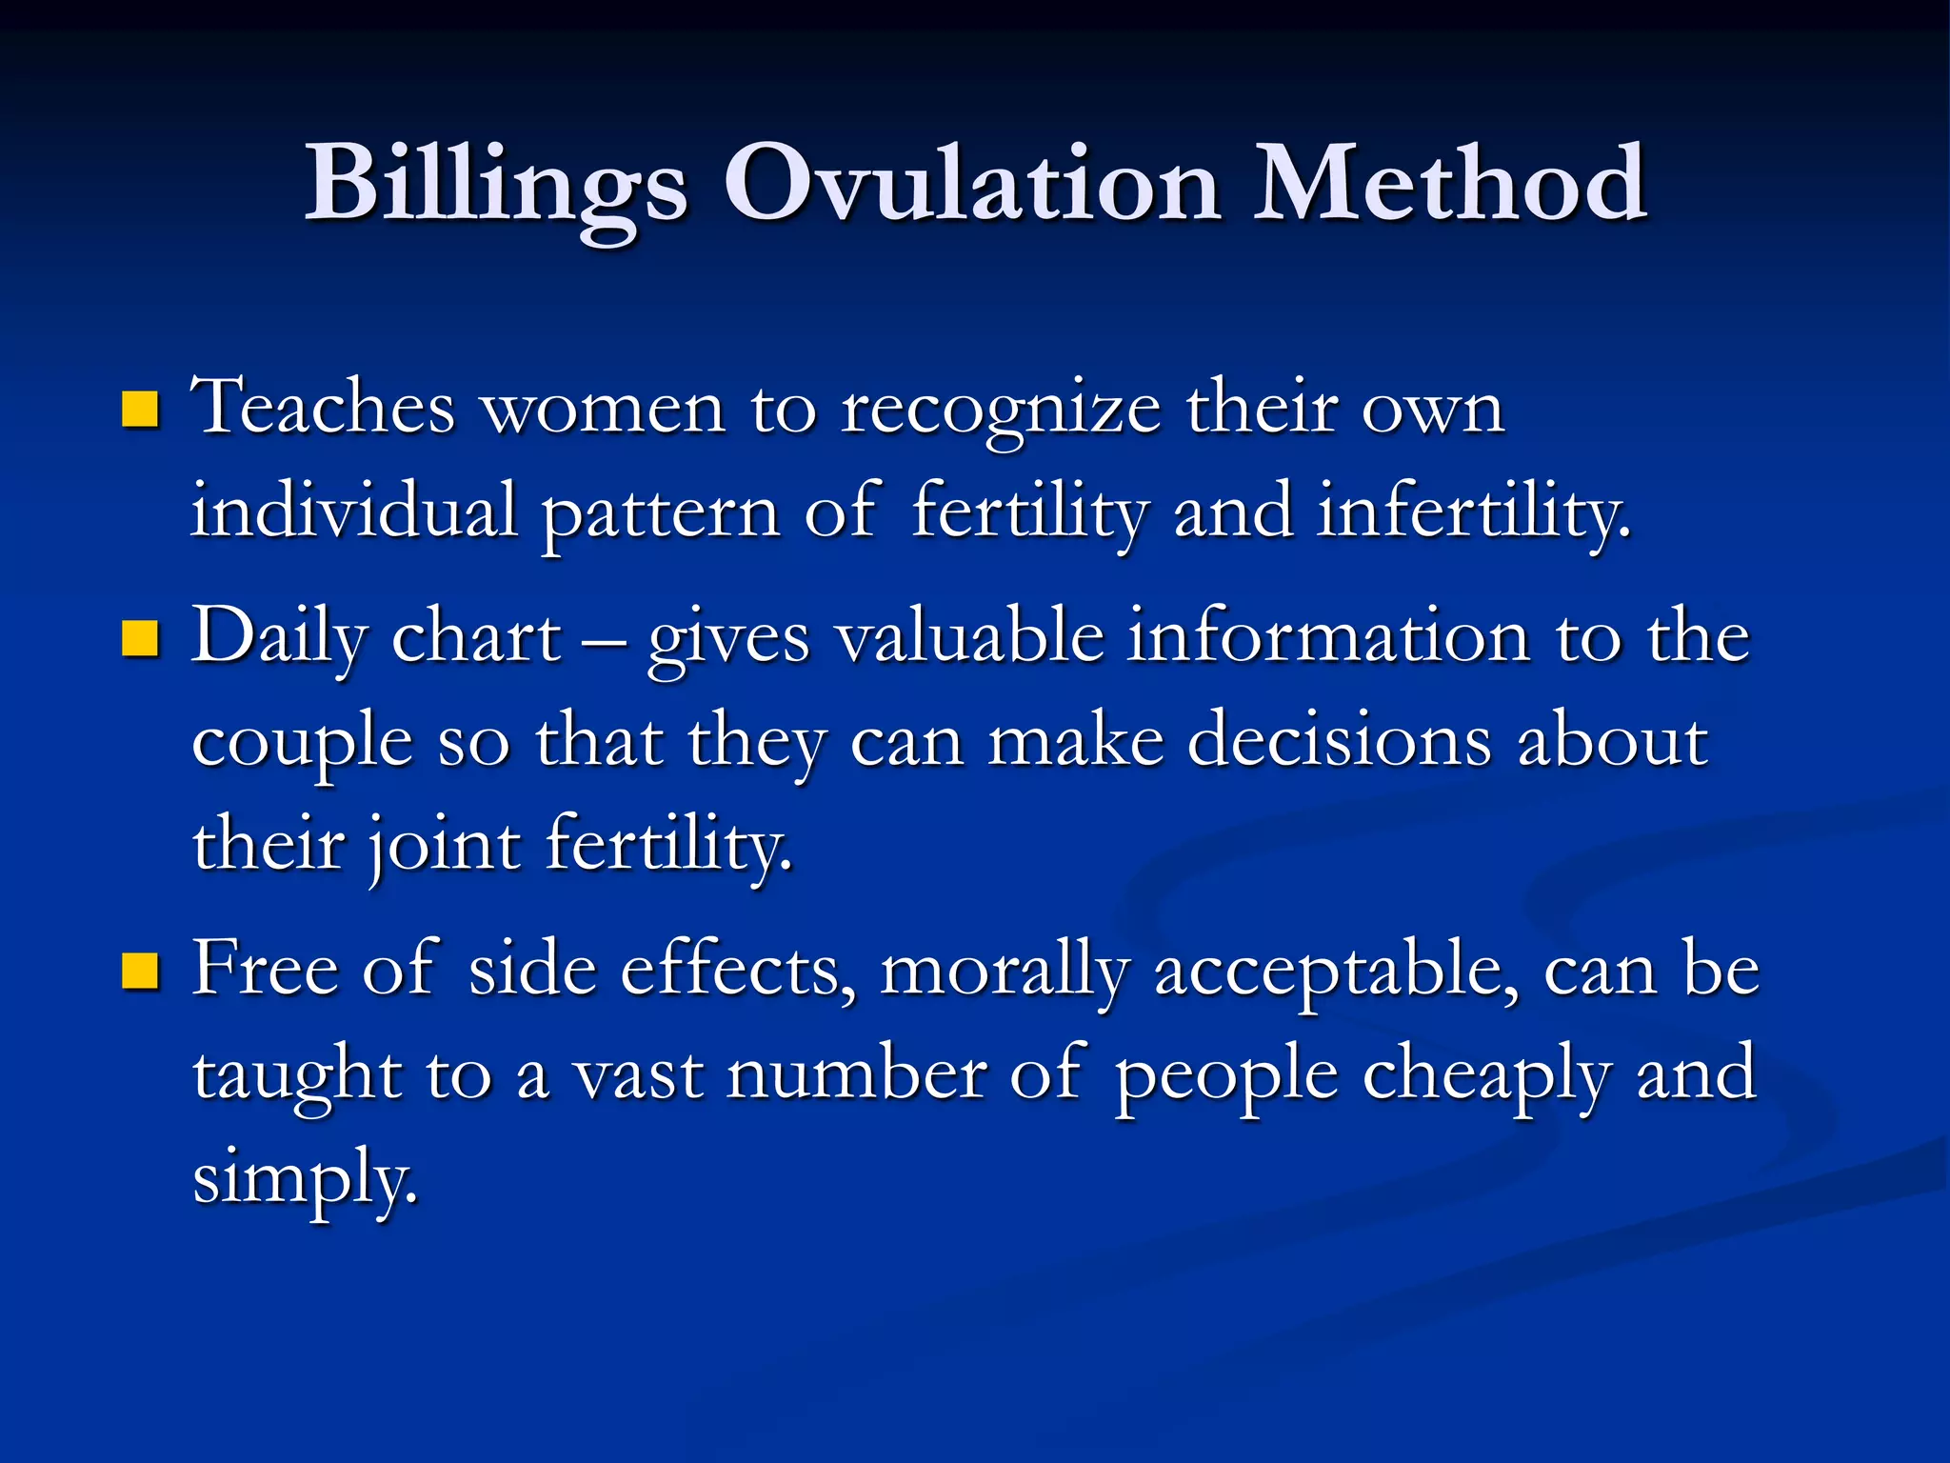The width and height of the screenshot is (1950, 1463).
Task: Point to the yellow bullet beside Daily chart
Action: click(140, 639)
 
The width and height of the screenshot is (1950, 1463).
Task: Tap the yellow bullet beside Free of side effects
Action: click(140, 972)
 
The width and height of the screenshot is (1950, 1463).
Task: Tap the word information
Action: click(1329, 636)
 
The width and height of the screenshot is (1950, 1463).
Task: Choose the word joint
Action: click(444, 846)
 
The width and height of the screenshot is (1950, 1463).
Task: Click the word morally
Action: click(1005, 972)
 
